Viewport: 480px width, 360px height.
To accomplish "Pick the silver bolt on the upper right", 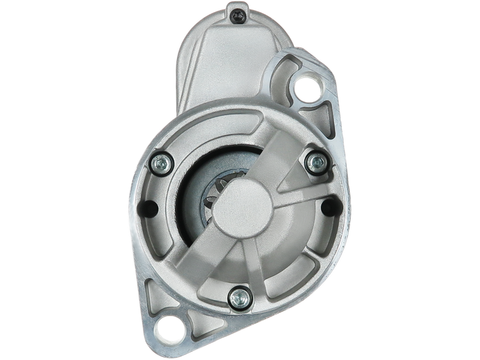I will point(313,160).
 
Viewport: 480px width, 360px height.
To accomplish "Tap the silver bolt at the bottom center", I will point(238,295).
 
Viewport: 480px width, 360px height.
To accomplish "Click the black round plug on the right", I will point(328,208).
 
